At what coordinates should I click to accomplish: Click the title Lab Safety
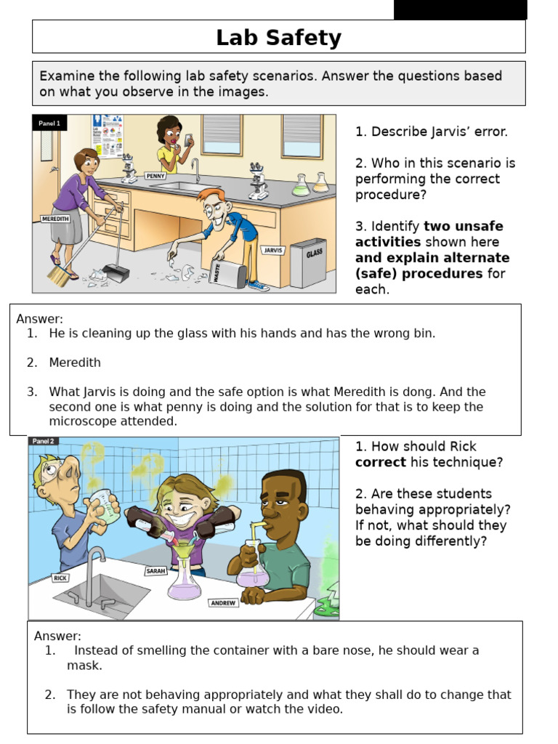278,38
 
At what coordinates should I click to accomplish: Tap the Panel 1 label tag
49,124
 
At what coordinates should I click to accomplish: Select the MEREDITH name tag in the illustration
56,219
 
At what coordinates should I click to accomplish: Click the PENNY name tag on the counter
155,176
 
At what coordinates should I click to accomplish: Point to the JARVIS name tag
273,250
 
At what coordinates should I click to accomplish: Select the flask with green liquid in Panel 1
301,187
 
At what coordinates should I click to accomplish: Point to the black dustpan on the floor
116,272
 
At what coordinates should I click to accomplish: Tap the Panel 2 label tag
43,441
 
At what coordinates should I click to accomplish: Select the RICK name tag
60,578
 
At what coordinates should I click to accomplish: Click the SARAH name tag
155,571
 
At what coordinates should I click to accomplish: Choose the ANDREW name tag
223,603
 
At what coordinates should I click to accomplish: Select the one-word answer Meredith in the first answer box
75,363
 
